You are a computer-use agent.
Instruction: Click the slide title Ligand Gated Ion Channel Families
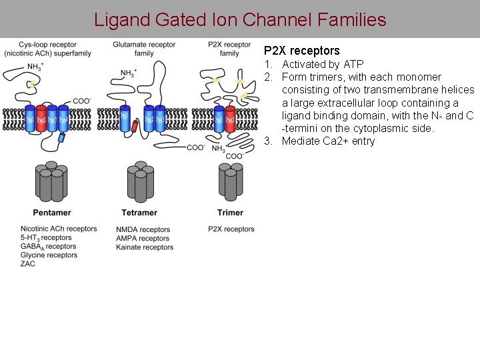[240, 19]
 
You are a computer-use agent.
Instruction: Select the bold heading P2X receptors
[301, 51]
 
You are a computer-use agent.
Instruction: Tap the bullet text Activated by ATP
[323, 65]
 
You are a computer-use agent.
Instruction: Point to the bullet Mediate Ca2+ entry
[328, 141]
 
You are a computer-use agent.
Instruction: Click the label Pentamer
[51, 213]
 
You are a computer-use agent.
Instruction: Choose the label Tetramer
[139, 213]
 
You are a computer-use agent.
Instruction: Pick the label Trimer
[230, 213]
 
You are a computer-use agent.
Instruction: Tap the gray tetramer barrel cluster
[140, 181]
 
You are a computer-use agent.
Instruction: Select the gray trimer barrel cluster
[230, 180]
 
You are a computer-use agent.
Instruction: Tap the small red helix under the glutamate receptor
[135, 127]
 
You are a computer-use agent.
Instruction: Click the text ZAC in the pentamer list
[28, 264]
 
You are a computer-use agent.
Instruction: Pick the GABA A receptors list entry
[49, 247]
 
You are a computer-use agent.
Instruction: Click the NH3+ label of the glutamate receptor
[128, 73]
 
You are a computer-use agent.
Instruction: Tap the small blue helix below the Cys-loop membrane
[62, 137]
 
